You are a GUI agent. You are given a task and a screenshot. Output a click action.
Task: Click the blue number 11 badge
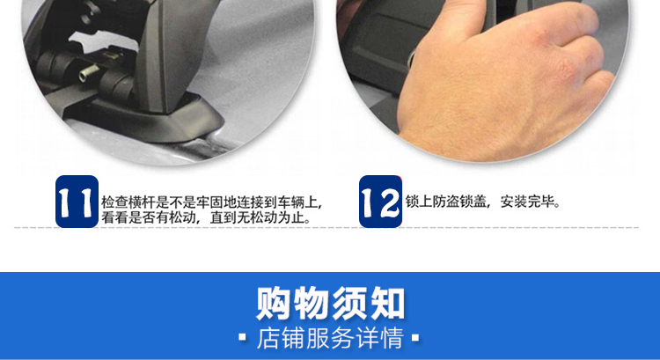(77, 202)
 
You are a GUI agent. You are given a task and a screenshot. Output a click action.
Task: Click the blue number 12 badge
(380, 202)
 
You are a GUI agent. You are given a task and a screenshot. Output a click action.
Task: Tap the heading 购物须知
(330, 303)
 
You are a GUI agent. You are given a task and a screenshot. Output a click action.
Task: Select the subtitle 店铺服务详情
(330, 338)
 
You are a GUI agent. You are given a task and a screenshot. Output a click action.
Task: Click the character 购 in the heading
(273, 303)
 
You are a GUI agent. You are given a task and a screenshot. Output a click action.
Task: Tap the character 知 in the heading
(388, 303)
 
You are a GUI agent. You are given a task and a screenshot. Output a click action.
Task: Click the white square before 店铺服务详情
(242, 337)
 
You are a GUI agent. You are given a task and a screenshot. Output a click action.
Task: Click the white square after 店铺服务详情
(415, 337)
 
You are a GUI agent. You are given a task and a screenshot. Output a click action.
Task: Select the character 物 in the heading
(311, 303)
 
